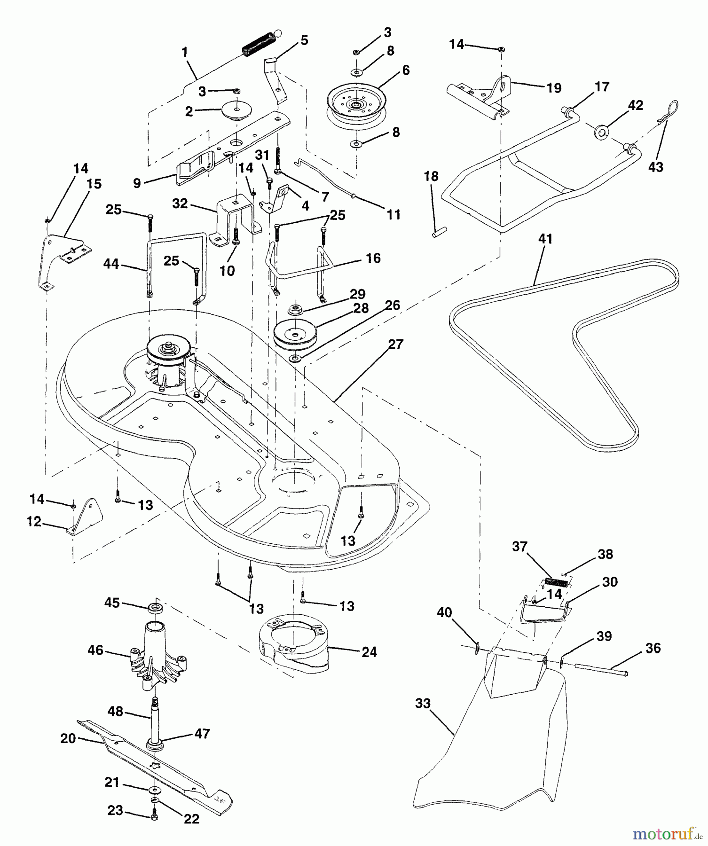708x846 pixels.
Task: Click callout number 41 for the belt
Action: pyautogui.click(x=545, y=239)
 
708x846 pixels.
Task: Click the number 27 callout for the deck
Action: pyautogui.click(x=396, y=345)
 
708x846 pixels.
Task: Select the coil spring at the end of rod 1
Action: pyautogui.click(x=258, y=43)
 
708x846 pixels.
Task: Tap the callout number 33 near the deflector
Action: pyautogui.click(x=423, y=703)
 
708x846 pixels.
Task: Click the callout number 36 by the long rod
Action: pyautogui.click(x=653, y=648)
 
